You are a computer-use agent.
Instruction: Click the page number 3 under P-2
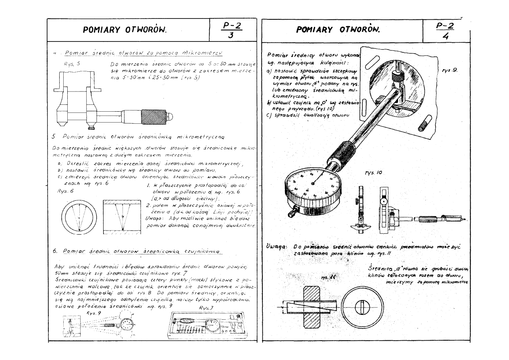click(231, 35)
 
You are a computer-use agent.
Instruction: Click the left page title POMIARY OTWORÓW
click(125, 30)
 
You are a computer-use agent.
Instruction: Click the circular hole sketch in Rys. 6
click(79, 217)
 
